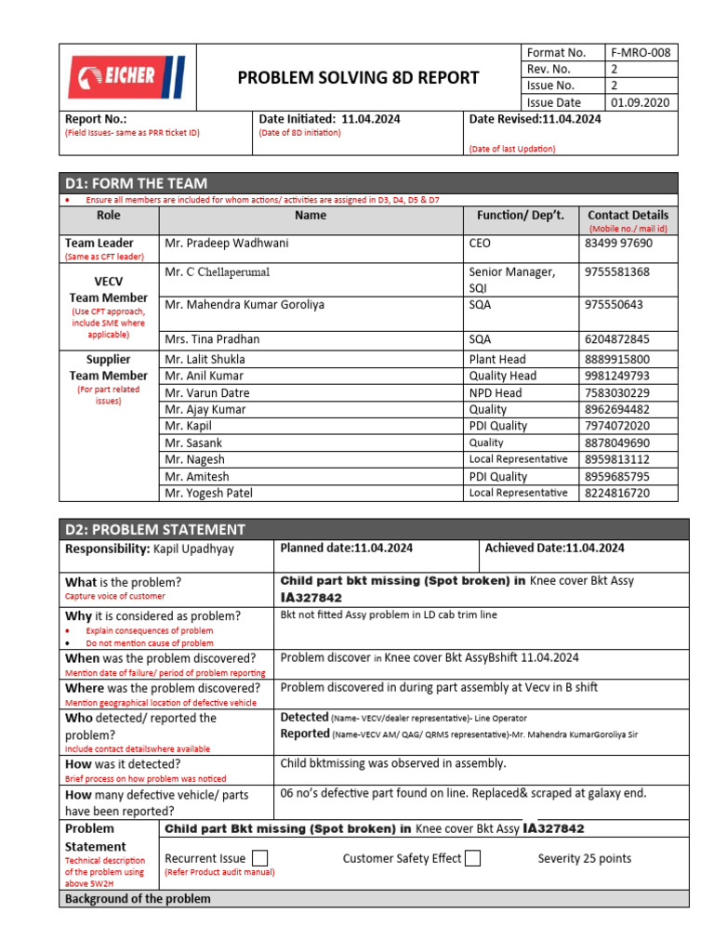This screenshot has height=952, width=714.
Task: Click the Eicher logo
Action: (x=126, y=77)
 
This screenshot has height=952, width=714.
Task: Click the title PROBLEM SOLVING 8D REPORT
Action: (x=358, y=77)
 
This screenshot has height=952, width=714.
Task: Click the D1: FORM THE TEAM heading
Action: (x=136, y=183)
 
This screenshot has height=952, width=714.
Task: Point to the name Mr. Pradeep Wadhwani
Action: (x=227, y=244)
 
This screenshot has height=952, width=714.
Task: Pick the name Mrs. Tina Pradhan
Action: (x=212, y=339)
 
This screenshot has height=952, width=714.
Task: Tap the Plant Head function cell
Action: (x=497, y=359)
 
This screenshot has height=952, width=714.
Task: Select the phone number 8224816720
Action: (x=616, y=493)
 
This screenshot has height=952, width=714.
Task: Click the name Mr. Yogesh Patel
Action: (x=208, y=493)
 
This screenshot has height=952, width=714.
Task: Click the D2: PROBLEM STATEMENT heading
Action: (x=154, y=530)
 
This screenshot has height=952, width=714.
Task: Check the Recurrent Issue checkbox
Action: (x=260, y=858)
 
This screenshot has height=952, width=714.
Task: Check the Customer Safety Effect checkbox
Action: (x=472, y=858)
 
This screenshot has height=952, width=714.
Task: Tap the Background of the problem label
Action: (x=137, y=899)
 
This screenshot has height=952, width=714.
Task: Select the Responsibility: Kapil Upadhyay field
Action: (x=150, y=549)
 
